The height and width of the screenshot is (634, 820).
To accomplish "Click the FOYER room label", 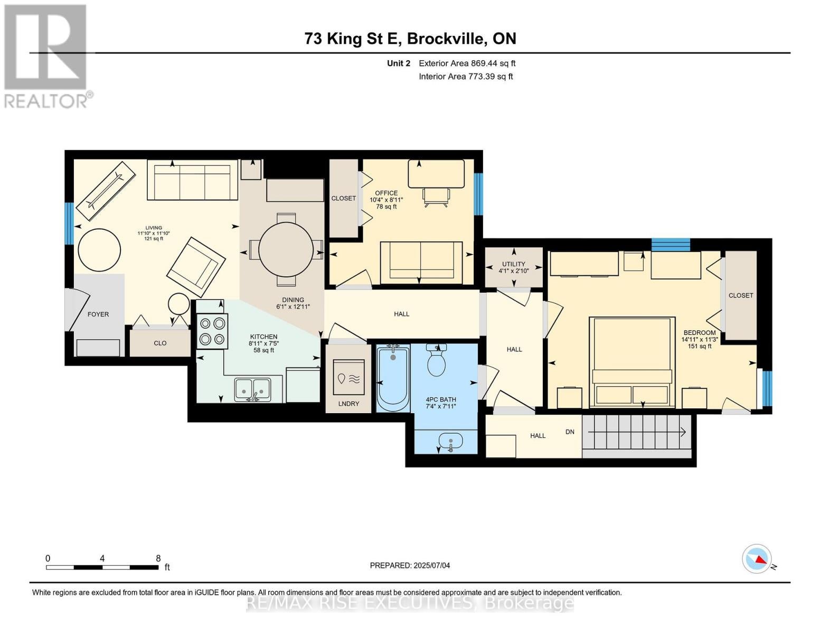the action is [98, 314].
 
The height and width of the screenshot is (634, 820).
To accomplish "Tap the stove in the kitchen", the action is [212, 331].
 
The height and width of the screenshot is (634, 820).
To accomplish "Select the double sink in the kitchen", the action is [252, 390].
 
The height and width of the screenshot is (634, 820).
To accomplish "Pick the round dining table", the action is [286, 249].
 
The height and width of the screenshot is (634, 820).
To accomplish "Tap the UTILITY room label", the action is [513, 264].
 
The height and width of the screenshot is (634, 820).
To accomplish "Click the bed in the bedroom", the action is [632, 362].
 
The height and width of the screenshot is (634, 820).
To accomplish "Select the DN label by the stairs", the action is [570, 432].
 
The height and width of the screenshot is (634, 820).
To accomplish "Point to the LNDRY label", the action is [348, 404].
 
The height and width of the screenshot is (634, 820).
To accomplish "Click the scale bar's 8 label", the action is [158, 558].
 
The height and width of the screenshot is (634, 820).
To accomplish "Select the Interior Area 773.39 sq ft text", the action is [466, 76].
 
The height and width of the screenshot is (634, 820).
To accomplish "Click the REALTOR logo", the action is [46, 57].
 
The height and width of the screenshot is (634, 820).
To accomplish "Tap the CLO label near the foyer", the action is [160, 343].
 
